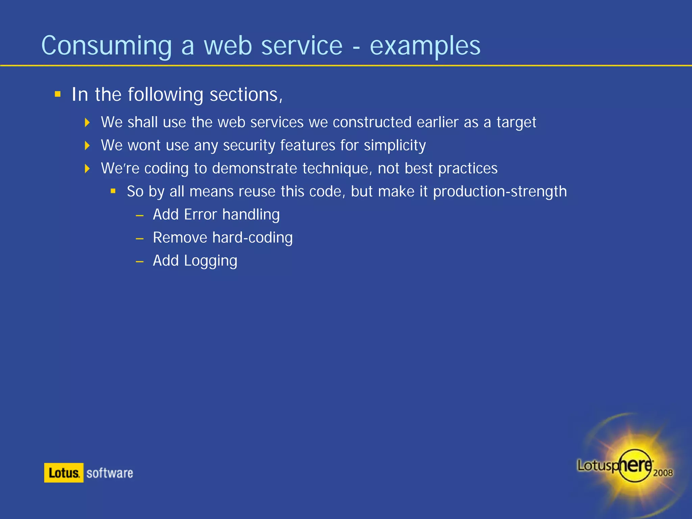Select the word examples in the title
[425, 46]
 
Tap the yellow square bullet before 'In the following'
[58, 94]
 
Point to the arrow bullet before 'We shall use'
[87, 122]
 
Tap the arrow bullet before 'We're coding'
[87, 168]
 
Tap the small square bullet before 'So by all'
[113, 191]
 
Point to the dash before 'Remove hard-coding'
[140, 239]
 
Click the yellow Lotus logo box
[64, 473]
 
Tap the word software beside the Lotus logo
[109, 473]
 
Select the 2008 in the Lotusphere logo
[663, 473]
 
